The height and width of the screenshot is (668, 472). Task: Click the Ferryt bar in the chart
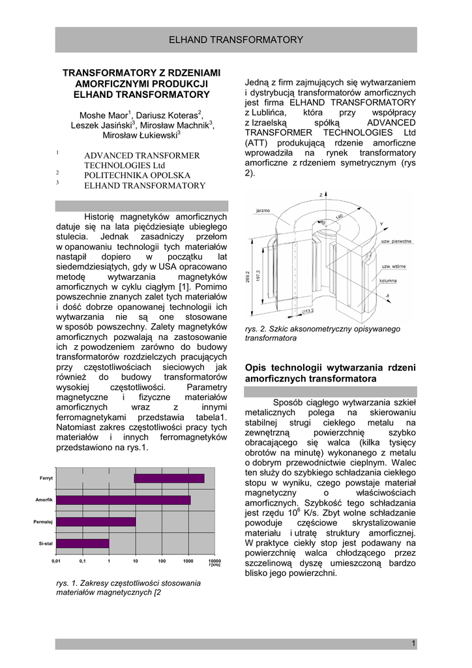click(170, 478)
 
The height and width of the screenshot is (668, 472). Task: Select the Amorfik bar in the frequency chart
click(123, 500)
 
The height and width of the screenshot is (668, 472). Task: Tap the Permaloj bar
click(96, 521)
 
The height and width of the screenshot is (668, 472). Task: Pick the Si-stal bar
click(83, 543)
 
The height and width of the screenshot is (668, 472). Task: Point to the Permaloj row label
click(43, 522)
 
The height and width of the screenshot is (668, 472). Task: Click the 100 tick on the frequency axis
click(162, 561)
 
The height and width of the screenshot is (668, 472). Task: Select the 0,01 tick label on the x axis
click(56, 561)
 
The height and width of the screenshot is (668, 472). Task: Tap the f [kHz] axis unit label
click(214, 565)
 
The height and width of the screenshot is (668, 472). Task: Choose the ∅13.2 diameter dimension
click(307, 311)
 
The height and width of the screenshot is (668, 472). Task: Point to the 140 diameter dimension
click(340, 217)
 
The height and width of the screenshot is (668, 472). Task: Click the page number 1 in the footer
click(413, 644)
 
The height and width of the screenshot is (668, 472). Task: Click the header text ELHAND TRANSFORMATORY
click(236, 40)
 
